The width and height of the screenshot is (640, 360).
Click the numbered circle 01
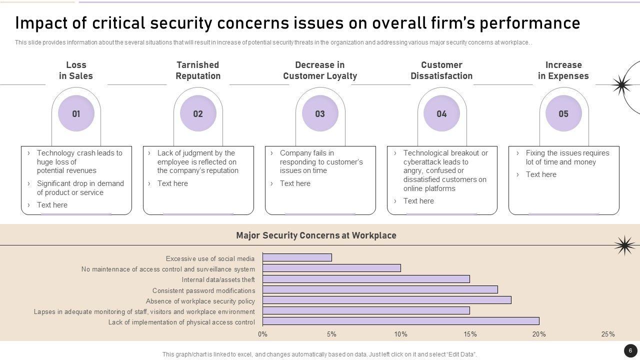click(76, 113)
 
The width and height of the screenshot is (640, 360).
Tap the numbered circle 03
click(320, 113)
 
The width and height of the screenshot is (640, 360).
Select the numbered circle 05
click(563, 113)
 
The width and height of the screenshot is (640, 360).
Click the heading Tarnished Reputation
click(198, 70)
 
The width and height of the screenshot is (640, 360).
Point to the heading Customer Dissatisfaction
click(441, 70)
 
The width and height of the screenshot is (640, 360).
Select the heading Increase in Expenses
click(563, 70)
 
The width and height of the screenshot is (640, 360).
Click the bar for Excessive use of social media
click(297, 258)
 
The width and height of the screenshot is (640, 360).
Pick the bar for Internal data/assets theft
click(366, 279)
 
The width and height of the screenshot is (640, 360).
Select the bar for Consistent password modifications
click(380, 289)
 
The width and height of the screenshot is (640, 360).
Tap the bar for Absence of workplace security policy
click(386, 300)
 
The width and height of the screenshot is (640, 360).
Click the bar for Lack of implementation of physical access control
click(400, 321)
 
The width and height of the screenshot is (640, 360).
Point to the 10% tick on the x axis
click(400, 334)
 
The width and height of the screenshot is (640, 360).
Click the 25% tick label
click(608, 334)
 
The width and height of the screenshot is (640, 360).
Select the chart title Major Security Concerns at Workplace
click(316, 235)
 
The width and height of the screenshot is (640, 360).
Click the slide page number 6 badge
click(630, 350)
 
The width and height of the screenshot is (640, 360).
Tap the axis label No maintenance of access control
click(168, 269)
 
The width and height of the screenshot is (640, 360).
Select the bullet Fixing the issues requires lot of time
click(567, 157)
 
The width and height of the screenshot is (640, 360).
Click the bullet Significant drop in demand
click(80, 188)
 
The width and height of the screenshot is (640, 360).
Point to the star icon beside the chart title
click(624, 245)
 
